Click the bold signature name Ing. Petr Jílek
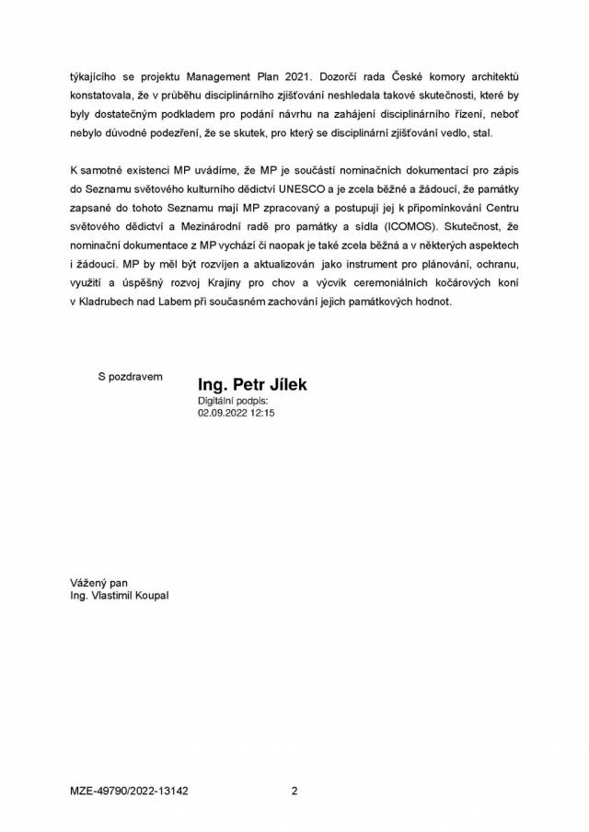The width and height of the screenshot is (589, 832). pos(252,384)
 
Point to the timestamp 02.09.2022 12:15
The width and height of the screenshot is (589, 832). pos(237,414)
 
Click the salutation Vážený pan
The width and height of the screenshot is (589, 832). pos(98,583)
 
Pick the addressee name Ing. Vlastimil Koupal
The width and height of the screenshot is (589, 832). pos(119,595)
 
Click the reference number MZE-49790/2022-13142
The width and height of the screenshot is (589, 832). pos(128,790)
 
